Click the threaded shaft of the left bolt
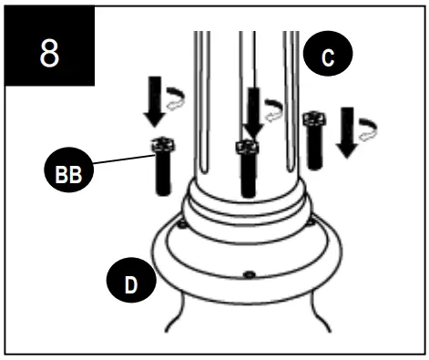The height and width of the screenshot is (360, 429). (x=164, y=173)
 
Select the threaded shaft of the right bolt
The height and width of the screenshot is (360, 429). (x=314, y=149)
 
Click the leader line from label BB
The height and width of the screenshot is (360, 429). (x=123, y=156)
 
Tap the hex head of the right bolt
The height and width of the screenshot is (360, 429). (x=315, y=121)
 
